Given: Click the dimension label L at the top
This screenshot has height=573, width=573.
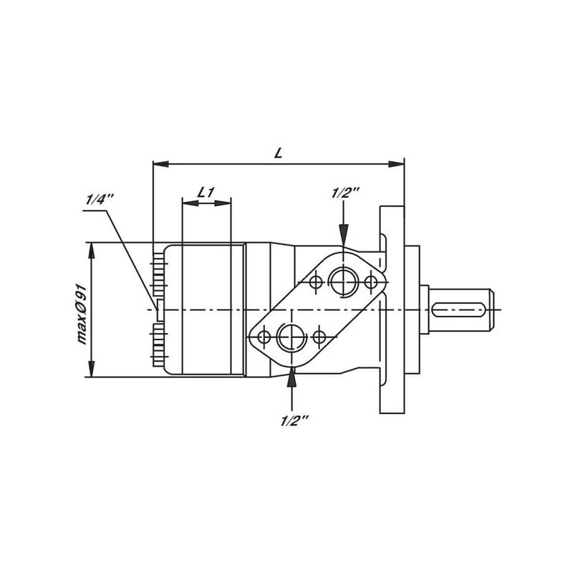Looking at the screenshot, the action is pyautogui.click(x=279, y=153).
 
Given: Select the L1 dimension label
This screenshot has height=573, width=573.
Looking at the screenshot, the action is pyautogui.click(x=206, y=192).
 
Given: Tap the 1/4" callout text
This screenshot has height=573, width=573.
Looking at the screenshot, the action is pyautogui.click(x=100, y=199).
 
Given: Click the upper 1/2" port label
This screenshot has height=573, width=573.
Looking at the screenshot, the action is pyautogui.click(x=346, y=193).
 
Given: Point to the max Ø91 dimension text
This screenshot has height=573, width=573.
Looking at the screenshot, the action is pyautogui.click(x=83, y=314).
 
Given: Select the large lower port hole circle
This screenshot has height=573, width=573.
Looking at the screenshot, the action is pyautogui.click(x=292, y=337).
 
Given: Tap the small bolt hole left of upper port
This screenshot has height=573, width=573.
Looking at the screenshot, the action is pyautogui.click(x=316, y=281).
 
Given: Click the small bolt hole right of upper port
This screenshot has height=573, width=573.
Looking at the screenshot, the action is pyautogui.click(x=371, y=281).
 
